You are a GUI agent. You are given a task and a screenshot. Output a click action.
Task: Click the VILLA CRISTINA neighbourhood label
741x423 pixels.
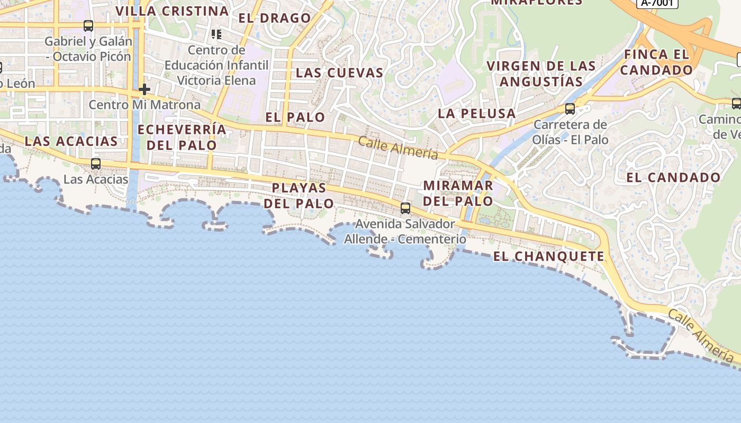click(172, 11)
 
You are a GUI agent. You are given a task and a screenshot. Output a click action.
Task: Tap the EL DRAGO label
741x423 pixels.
click(275, 18)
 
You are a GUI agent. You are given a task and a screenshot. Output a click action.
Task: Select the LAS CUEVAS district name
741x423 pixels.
click(339, 72)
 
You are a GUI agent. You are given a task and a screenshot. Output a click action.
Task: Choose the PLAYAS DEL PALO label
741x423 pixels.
click(299, 196)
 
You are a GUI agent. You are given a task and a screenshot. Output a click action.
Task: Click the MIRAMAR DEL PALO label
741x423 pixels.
click(458, 194)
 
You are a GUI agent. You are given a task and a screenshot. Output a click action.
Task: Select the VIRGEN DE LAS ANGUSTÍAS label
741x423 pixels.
click(541, 74)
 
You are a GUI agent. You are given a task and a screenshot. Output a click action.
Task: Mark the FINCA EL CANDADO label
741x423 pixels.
click(656, 62)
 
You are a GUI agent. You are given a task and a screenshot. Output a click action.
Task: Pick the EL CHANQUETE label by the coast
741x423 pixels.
click(548, 256)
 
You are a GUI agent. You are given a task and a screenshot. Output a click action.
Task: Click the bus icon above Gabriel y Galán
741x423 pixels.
click(88, 25)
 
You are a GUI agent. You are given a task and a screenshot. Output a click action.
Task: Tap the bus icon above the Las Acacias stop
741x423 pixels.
click(96, 164)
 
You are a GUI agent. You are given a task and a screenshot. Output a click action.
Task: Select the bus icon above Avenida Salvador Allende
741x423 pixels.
click(405, 208)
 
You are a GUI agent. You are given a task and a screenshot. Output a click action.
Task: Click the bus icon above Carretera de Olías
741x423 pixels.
click(570, 109)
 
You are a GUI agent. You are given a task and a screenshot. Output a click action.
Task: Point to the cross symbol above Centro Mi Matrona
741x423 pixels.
click(144, 89)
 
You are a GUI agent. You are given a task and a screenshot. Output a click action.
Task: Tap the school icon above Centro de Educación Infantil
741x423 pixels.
click(216, 34)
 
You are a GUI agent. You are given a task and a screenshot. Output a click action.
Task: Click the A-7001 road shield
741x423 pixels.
click(657, 3)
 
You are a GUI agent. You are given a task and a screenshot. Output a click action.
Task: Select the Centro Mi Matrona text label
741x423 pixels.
click(144, 105)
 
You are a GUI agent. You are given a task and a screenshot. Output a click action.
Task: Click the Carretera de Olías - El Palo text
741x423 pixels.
click(571, 132)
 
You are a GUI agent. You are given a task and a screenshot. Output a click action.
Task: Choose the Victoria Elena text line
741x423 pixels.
click(216, 80)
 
